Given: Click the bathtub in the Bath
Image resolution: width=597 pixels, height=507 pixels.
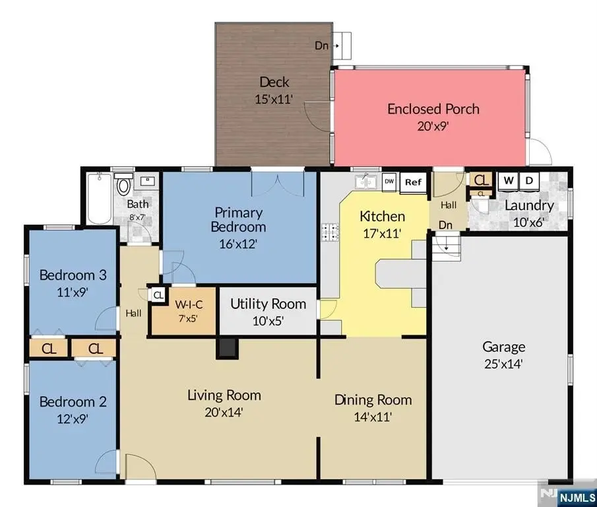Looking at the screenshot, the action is (99, 199).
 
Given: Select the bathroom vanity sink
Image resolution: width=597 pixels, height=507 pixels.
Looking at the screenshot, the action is (148, 181).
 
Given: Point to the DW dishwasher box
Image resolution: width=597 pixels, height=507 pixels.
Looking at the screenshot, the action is (389, 182).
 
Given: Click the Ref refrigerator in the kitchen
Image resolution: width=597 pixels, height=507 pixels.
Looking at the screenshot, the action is (413, 183).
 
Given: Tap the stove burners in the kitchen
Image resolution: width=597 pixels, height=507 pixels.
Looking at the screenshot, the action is (330, 232).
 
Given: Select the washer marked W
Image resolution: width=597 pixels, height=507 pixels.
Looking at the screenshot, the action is (509, 181).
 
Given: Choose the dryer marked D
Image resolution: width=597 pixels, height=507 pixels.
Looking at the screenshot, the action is (529, 181).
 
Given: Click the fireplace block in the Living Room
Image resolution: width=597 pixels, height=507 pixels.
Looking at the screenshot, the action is (227, 348).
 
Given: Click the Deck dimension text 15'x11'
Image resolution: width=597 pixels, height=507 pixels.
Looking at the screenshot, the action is (274, 99).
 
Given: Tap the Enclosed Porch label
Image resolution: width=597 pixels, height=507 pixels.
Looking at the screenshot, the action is (433, 110).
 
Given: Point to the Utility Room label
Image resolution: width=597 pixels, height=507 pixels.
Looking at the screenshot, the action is (268, 304).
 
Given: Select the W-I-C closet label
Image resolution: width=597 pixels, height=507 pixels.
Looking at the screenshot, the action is (189, 305).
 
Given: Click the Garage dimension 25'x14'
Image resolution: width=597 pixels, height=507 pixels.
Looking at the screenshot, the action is (503, 364).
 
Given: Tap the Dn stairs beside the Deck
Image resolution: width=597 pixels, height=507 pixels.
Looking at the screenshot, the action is (341, 46).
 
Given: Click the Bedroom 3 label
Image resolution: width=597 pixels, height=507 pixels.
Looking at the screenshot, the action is (73, 275).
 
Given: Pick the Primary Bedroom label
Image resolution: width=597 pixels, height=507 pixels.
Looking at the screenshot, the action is (238, 220).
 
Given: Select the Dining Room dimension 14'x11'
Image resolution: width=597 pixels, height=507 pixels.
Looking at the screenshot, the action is (373, 417).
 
